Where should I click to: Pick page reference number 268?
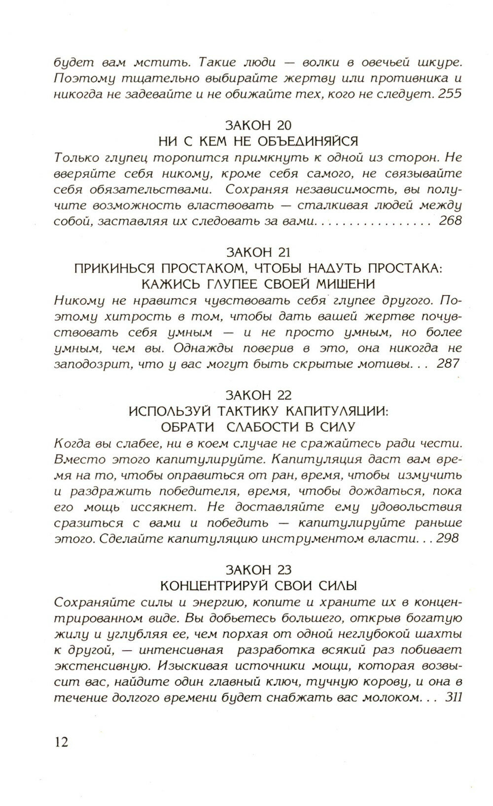(450, 220)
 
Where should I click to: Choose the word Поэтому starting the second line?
(81, 78)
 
